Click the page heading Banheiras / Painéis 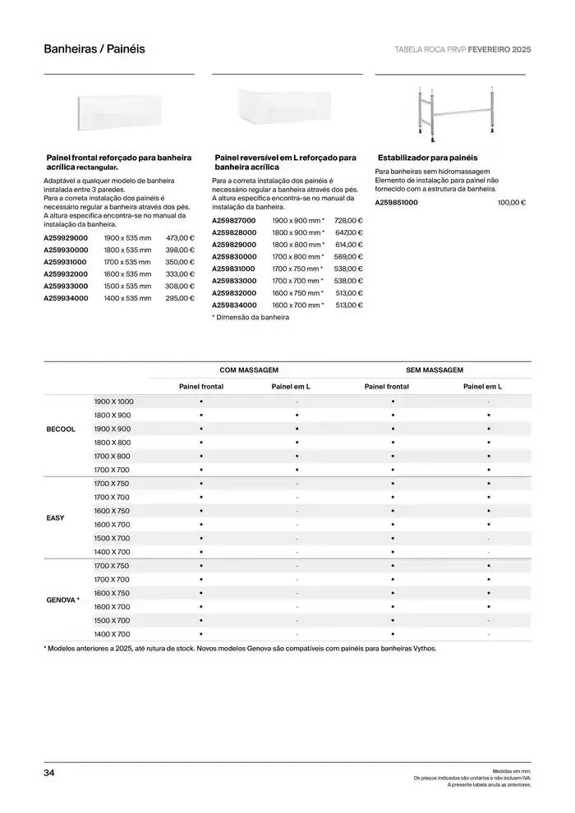(x=94, y=49)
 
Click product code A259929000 (x=66, y=237)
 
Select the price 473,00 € (x=180, y=237)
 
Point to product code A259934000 (x=66, y=298)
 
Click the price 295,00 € (x=180, y=298)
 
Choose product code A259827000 (x=234, y=220)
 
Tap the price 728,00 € (x=348, y=220)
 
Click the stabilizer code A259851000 (x=397, y=202)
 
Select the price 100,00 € (x=512, y=202)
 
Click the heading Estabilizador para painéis (x=427, y=157)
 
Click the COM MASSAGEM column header (x=248, y=370)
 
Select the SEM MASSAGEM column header (x=435, y=370)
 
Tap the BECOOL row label (x=62, y=429)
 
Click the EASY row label (x=55, y=518)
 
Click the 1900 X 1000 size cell (x=113, y=402)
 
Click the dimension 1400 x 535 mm (x=127, y=298)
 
